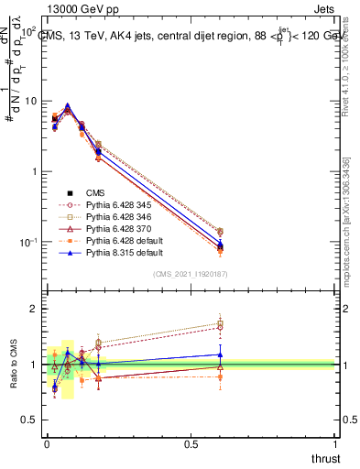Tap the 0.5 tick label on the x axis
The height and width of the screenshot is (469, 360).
[x=191, y=444]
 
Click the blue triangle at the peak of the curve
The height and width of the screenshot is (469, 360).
[x=68, y=106]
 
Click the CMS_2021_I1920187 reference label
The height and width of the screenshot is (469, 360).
[x=191, y=274]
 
